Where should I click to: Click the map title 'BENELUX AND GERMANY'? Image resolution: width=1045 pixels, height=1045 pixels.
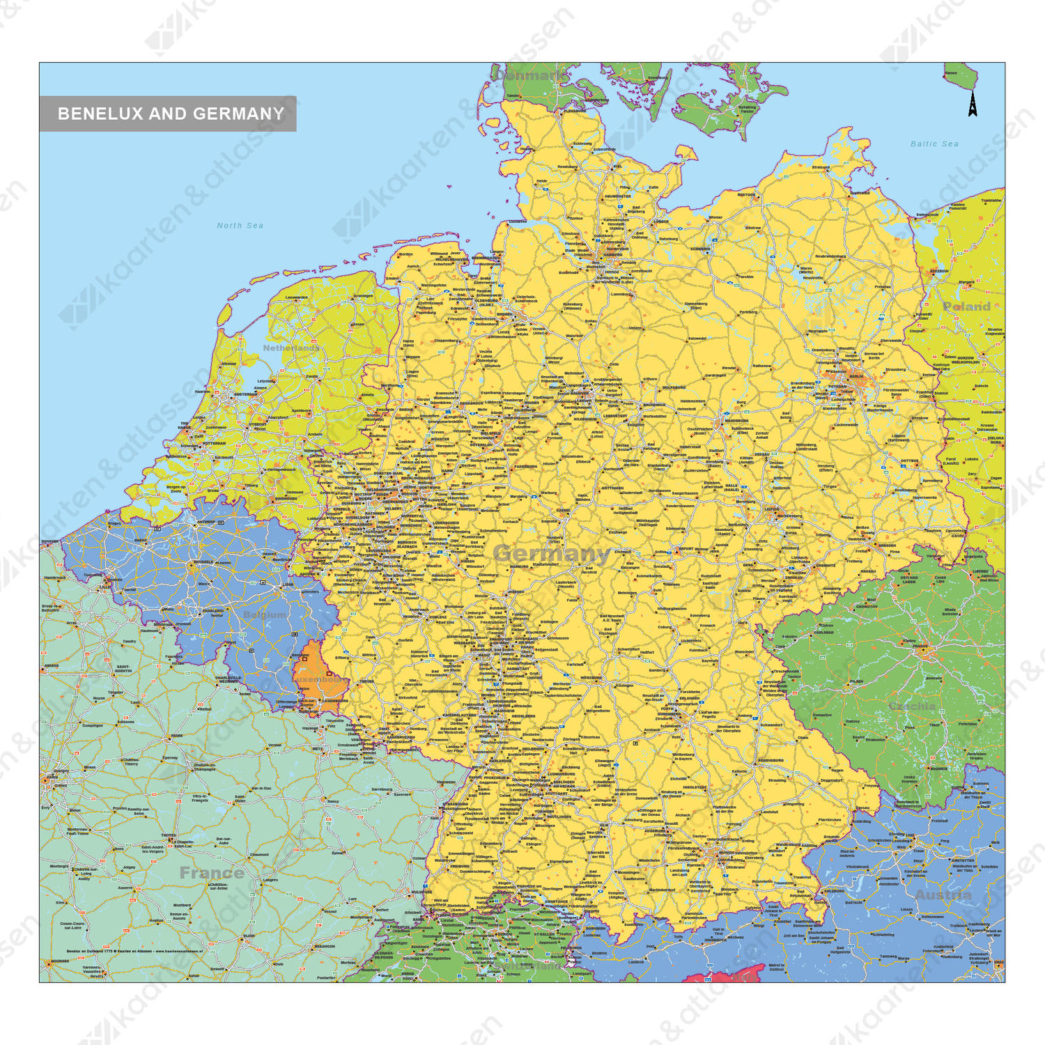[x=171, y=114]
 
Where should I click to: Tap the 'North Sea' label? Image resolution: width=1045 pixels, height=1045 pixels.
[x=240, y=226]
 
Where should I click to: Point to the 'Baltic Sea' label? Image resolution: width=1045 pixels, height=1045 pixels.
[x=934, y=144]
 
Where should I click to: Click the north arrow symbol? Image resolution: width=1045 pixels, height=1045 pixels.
[x=972, y=104]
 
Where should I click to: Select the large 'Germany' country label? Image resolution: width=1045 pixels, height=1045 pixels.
[x=551, y=554]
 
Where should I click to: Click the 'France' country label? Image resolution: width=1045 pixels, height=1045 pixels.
[x=212, y=873]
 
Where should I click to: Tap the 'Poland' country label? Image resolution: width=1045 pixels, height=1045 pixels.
[x=966, y=307]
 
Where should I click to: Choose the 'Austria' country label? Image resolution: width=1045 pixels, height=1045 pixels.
[x=943, y=895]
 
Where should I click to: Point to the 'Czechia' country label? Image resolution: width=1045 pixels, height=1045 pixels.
[x=912, y=706]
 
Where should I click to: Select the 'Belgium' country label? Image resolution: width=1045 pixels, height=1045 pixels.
[x=264, y=614]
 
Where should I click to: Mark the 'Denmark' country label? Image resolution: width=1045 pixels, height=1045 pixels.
[x=531, y=75]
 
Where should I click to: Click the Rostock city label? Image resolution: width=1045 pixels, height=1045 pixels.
[x=745, y=195]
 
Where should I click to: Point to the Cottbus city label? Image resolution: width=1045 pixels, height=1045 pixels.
[x=909, y=460]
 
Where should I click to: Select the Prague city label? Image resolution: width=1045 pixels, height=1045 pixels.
[x=921, y=647]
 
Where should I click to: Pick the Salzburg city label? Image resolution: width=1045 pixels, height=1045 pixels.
[x=834, y=890]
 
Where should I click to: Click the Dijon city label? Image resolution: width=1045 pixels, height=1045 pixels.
[x=249, y=936]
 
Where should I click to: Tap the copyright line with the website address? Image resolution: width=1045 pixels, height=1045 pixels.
[x=134, y=950]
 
